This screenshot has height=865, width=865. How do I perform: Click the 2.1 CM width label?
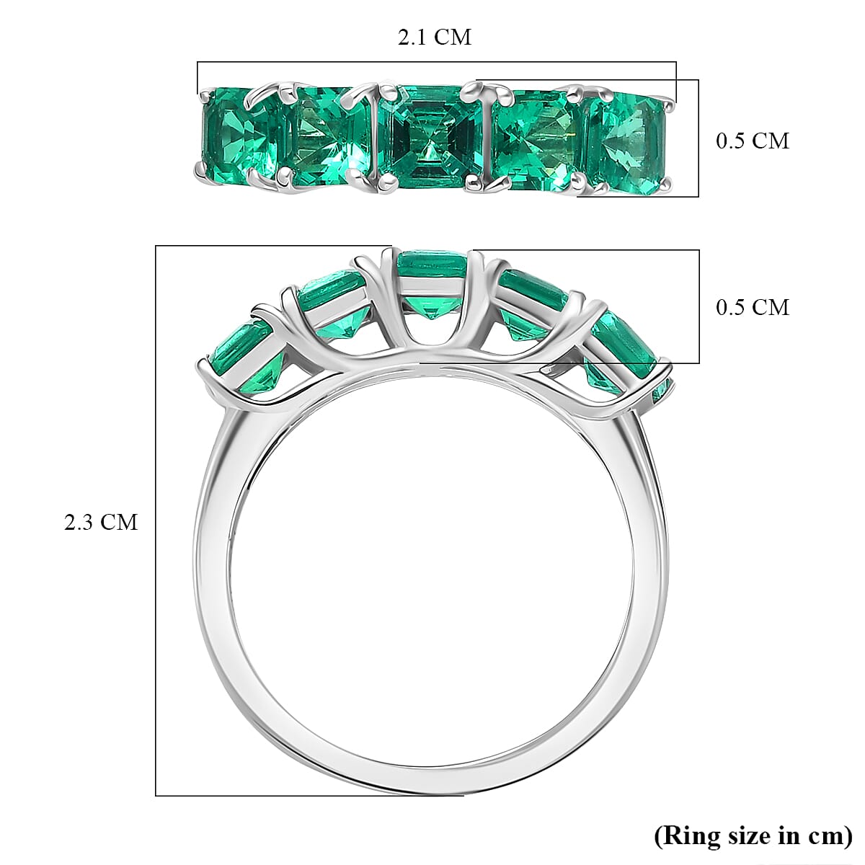pyautogui.click(x=435, y=37)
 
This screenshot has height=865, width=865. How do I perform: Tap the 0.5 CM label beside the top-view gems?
pyautogui.click(x=752, y=141)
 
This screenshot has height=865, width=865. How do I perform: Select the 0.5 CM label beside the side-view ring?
pyautogui.click(x=752, y=307)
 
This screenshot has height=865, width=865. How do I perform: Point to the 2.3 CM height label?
pyautogui.click(x=100, y=522)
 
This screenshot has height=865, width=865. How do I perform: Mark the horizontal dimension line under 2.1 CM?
pyautogui.click(x=436, y=62)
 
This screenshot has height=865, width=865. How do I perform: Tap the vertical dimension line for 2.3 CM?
pyautogui.click(x=156, y=519)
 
